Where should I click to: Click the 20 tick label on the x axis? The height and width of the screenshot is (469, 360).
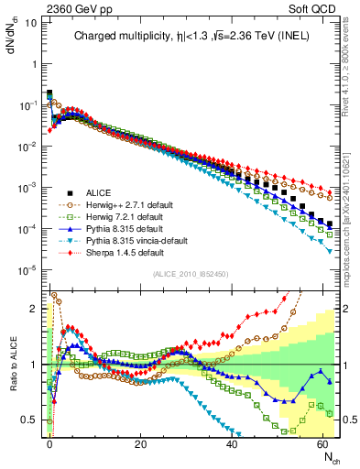click(140, 444)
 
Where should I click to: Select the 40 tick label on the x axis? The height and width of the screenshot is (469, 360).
click(232, 444)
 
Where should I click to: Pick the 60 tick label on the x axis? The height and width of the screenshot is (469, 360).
click(323, 444)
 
